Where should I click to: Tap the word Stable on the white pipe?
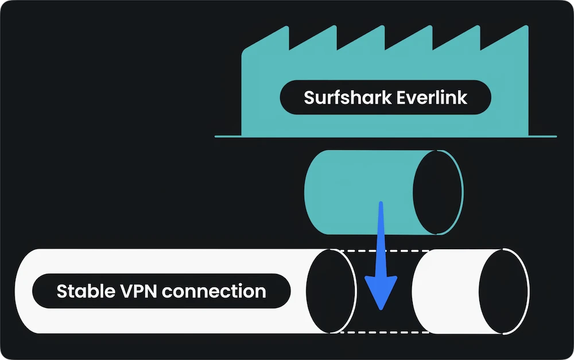pyautogui.click(x=85, y=291)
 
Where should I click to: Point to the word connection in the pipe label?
pyautogui.click(x=214, y=291)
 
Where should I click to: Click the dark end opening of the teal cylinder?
pyautogui.click(x=437, y=192)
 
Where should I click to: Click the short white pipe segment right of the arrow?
pyautogui.click(x=445, y=291)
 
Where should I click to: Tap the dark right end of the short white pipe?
pyautogui.click(x=503, y=291)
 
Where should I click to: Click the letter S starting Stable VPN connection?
pyautogui.click(x=62, y=291)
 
